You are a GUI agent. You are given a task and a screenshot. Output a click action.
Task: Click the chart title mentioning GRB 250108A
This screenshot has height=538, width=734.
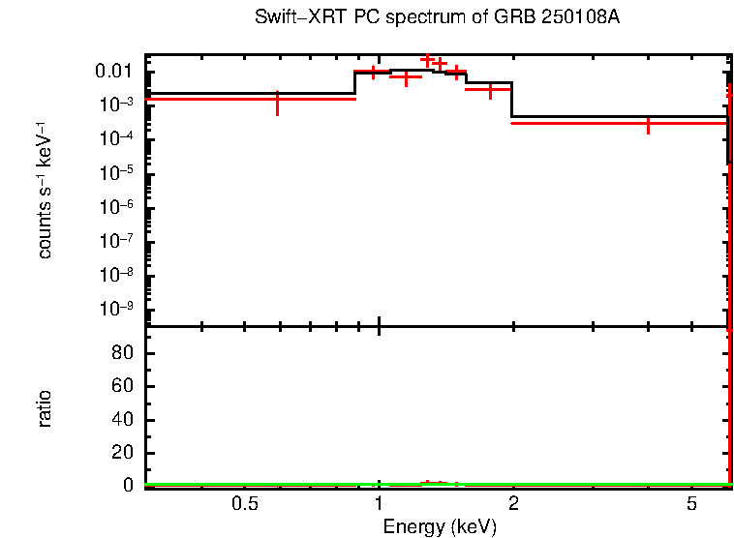tap(437, 18)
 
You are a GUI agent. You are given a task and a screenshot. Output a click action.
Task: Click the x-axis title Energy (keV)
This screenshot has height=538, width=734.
tap(440, 526)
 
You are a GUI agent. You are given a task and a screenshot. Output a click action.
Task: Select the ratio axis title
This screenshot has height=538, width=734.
tap(45, 408)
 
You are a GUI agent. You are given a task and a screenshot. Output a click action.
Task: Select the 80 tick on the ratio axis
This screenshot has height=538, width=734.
tap(123, 353)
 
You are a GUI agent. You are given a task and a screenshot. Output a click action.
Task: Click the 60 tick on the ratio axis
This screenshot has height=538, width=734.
tap(123, 387)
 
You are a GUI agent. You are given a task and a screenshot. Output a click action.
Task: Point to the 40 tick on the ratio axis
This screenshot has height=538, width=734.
tap(123, 421)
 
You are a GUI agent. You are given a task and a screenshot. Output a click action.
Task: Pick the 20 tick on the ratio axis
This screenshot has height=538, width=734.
tap(123, 454)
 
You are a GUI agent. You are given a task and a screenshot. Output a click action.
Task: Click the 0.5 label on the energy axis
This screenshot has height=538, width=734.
tap(245, 504)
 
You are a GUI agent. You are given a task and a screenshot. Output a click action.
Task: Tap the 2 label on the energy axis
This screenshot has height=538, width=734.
tap(513, 504)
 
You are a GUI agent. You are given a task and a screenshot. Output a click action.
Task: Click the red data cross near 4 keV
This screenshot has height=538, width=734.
tap(648, 124)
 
